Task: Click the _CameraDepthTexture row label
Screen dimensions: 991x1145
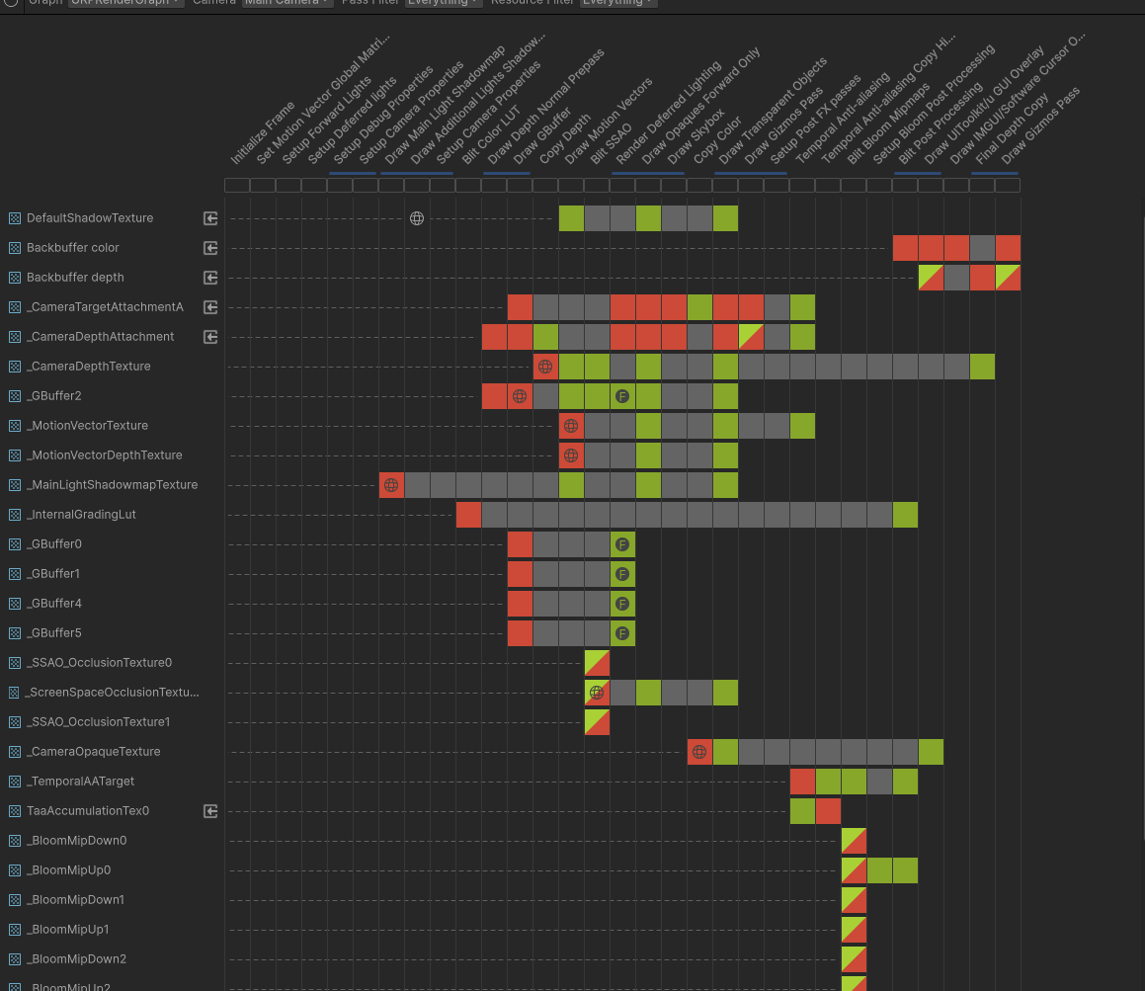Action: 88,367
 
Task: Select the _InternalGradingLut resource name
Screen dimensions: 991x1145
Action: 81,515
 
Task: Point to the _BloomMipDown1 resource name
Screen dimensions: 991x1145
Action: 75,900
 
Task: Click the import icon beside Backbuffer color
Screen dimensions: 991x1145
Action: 210,248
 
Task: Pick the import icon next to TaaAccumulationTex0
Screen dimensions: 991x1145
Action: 210,811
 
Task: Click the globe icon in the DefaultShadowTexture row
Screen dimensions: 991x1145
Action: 417,218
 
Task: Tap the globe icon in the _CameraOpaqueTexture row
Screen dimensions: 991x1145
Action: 699,752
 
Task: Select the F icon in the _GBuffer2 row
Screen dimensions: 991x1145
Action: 622,396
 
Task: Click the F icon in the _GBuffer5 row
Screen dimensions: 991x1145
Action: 622,633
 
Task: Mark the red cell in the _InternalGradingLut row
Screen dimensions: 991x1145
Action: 468,515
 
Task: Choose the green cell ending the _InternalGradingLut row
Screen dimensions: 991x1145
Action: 905,515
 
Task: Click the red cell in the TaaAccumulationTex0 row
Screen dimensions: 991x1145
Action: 828,811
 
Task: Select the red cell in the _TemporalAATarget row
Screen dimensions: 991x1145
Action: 802,782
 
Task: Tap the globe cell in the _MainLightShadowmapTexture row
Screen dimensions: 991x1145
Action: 391,485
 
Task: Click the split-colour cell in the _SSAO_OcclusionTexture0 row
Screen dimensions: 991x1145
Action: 597,663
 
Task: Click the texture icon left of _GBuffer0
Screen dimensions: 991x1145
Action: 15,544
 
